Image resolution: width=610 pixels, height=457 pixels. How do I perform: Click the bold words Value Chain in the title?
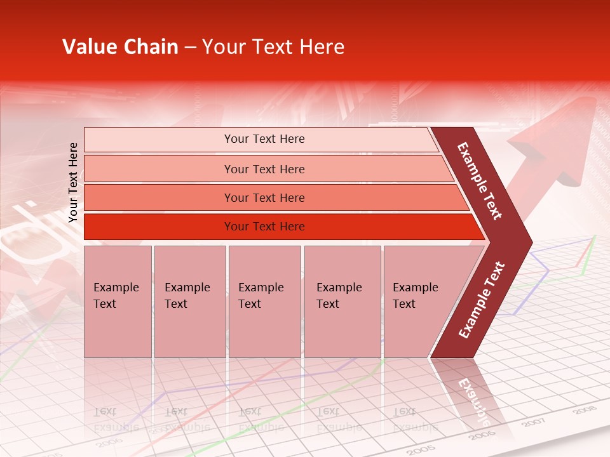pos(120,47)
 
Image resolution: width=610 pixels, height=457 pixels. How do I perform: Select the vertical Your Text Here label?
pos(73,182)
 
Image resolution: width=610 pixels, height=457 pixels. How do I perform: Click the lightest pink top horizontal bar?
pos(261,139)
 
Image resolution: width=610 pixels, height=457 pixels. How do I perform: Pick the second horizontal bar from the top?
pos(267,169)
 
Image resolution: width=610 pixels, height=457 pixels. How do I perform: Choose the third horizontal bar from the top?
pos(273,197)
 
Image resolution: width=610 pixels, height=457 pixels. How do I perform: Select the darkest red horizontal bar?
pos(280,227)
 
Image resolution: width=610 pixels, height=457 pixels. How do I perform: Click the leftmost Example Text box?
pos(118,301)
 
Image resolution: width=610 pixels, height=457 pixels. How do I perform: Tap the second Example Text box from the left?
pos(190,301)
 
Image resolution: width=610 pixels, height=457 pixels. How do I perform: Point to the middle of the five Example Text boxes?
pos(264,301)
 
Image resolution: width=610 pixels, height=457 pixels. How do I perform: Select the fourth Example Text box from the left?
pos(342,301)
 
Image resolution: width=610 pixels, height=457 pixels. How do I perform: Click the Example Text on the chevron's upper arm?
pos(480,181)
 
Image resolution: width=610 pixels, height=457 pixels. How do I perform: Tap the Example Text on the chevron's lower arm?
pos(482,300)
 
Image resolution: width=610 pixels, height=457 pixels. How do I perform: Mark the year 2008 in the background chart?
pos(584,411)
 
